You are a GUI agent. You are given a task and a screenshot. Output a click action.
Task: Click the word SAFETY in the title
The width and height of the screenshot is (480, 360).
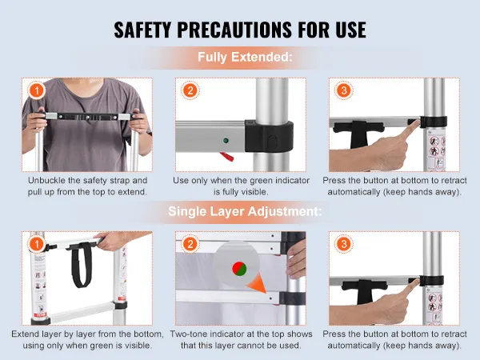pos(142,30)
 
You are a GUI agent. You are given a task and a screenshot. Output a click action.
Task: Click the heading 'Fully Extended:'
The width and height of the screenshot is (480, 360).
pos(245,57)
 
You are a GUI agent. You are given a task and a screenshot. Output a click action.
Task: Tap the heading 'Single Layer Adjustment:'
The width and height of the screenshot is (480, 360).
pos(245,211)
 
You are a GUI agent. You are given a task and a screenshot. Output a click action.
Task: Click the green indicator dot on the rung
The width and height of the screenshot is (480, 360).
pos(226,141)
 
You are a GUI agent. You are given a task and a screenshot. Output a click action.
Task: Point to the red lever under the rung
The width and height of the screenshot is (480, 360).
pos(227,157)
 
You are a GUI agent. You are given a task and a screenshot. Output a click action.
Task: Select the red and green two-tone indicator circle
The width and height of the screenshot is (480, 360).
pos(239,269)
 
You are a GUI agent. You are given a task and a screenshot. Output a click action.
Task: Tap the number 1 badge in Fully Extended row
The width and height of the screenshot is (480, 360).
pos(37,90)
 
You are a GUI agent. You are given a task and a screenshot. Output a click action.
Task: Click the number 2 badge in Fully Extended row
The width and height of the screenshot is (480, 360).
pos(190,90)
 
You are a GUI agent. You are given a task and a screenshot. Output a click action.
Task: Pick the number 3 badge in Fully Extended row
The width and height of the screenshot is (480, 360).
pos(343,90)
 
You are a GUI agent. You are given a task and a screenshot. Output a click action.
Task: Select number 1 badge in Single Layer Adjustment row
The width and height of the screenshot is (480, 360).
pos(37,244)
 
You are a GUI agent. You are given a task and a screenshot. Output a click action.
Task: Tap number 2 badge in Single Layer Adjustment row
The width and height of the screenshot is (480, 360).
pos(190,244)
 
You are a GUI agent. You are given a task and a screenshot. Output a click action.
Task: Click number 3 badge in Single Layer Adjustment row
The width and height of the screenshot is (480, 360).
pos(343,244)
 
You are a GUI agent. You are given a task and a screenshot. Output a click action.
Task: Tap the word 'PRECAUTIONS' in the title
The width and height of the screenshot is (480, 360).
pos(234,30)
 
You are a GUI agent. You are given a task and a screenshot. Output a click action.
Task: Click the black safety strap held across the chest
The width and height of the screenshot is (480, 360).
pos(87,117)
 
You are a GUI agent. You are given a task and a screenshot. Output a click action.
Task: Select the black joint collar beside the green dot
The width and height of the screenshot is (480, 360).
pos(269,137)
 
